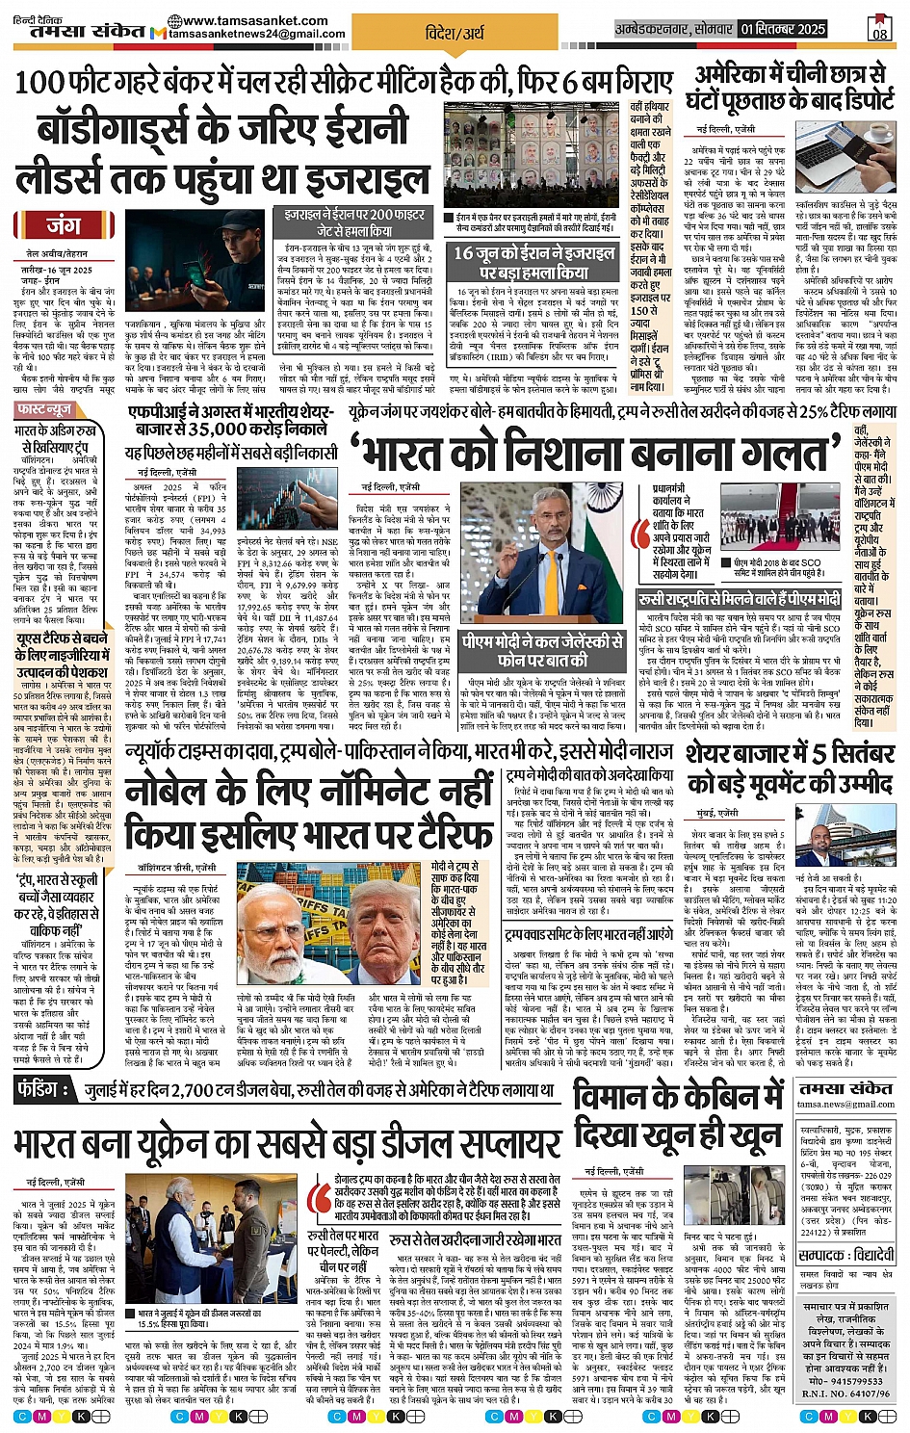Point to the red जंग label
tap(64, 225)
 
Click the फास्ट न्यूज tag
tap(45, 409)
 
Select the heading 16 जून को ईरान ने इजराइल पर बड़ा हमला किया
tap(533, 262)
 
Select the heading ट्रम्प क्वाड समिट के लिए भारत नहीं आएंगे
tap(588, 935)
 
